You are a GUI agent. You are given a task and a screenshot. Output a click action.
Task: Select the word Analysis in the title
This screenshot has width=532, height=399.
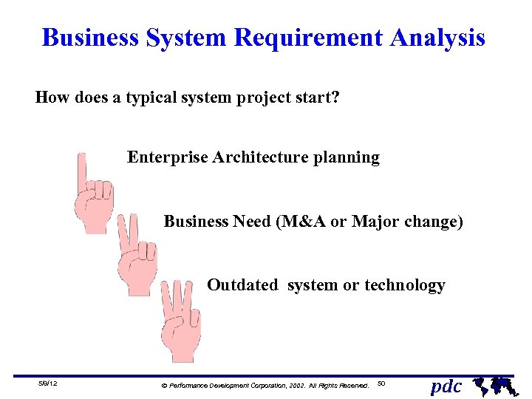(440, 38)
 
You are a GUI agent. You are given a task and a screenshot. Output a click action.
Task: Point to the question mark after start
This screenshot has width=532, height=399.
(335, 97)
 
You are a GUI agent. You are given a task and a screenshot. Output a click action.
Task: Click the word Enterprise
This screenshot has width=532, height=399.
(167, 157)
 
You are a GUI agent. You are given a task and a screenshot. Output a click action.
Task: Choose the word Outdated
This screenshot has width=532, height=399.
(243, 285)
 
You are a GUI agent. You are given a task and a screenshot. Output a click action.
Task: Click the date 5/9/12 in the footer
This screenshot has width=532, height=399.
(49, 383)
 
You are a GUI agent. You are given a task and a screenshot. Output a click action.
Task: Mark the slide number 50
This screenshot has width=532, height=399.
(381, 383)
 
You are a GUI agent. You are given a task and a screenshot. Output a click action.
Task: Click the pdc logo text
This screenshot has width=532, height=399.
(446, 386)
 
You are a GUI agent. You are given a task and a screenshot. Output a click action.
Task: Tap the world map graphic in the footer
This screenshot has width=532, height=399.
(493, 384)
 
